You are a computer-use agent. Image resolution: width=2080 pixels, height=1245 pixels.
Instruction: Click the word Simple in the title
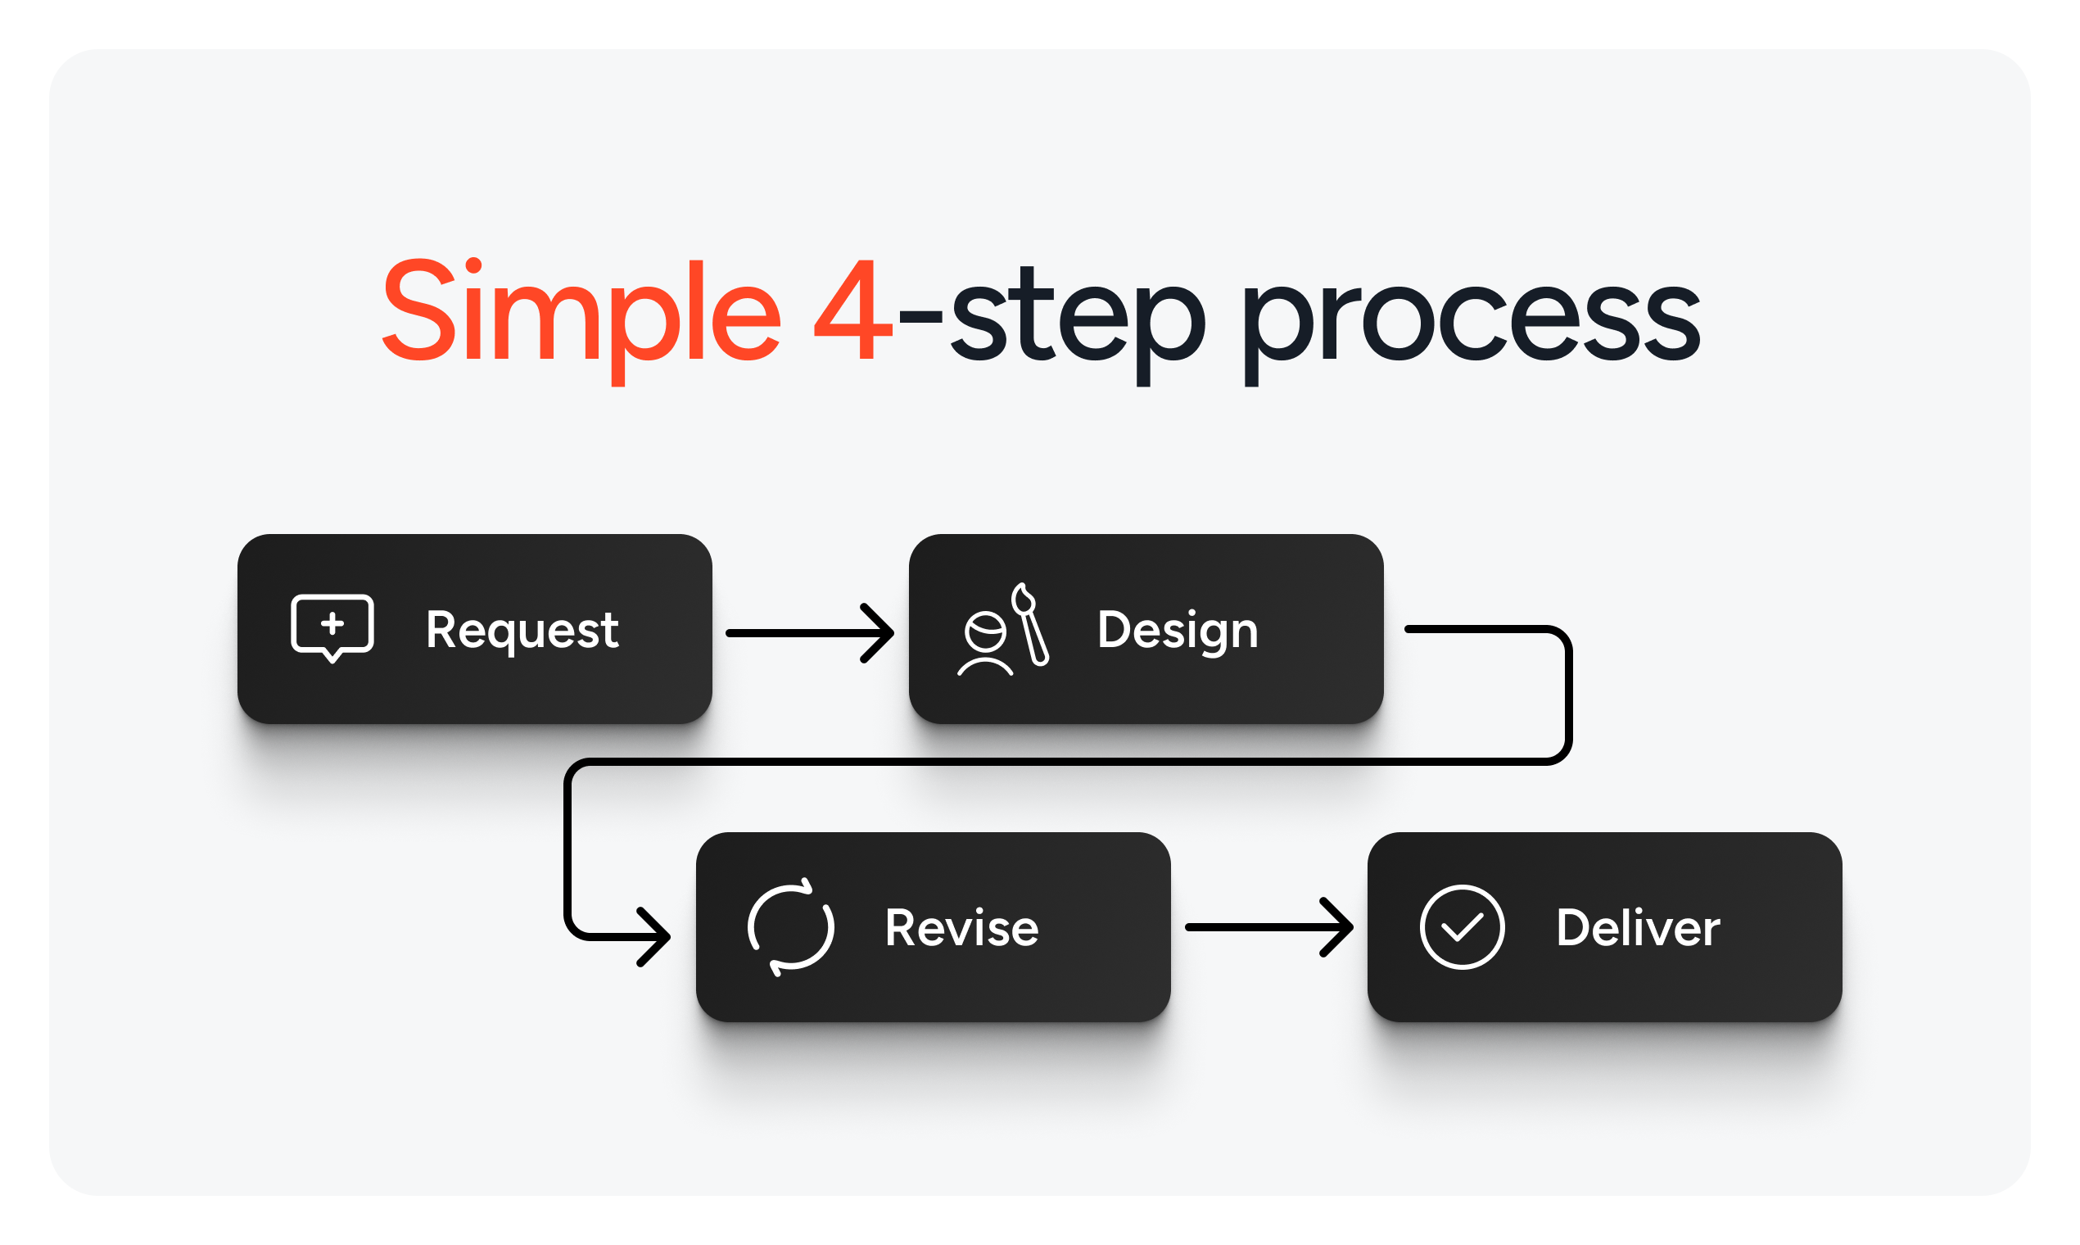pyautogui.click(x=581, y=312)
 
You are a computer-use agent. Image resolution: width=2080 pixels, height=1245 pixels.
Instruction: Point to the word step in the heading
pyautogui.click(x=1078, y=323)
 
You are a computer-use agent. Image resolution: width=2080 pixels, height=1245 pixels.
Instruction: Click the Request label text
pyautogui.click(x=522, y=630)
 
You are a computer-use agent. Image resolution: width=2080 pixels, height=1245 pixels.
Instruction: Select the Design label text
pyautogui.click(x=1177, y=630)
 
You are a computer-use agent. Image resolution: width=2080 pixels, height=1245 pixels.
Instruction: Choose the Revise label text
pyautogui.click(x=961, y=928)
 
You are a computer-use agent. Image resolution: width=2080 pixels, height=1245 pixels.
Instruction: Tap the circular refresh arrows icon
pyautogui.click(x=790, y=927)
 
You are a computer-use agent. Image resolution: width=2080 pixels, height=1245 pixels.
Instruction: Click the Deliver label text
pyautogui.click(x=1637, y=928)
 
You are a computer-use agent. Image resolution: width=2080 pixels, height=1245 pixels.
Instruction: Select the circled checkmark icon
pyautogui.click(x=1462, y=927)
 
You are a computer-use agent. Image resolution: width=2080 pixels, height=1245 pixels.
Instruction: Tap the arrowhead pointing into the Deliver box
pyautogui.click(x=1341, y=927)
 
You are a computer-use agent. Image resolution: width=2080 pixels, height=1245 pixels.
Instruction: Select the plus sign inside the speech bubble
pyautogui.click(x=332, y=623)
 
